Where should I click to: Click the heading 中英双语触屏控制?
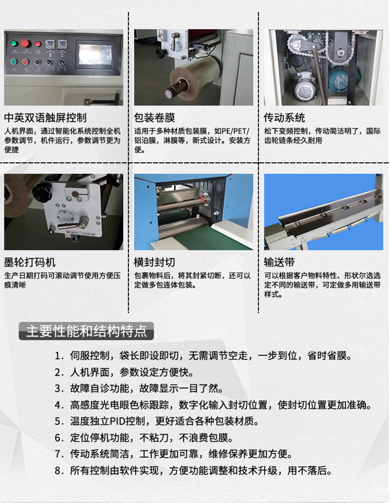click(x=45, y=118)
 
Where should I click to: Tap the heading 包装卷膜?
click(x=154, y=118)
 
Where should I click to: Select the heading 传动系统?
click(x=284, y=118)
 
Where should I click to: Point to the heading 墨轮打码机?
click(x=30, y=262)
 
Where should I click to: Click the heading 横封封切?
click(x=154, y=262)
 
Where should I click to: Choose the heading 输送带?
click(x=279, y=262)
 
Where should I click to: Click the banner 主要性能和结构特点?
click(x=86, y=331)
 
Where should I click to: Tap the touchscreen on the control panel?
click(x=95, y=54)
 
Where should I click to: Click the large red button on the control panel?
click(x=25, y=43)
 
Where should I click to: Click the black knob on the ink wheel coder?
click(x=40, y=192)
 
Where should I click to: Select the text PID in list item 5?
click(x=117, y=421)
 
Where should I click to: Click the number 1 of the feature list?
click(x=58, y=356)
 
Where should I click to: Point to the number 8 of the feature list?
click(x=58, y=470)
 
